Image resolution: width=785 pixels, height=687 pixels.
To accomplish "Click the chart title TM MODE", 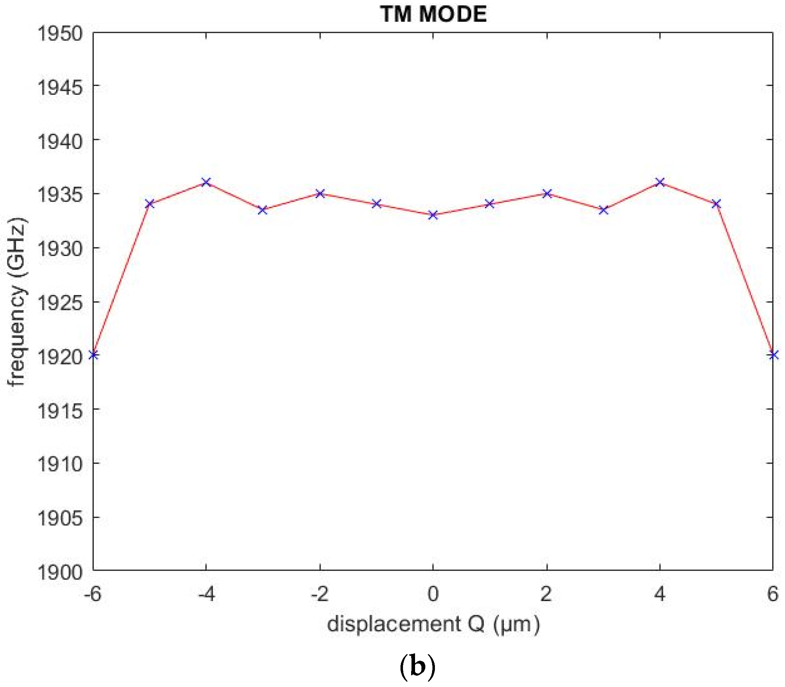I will (x=433, y=14).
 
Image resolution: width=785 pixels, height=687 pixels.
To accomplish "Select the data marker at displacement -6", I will (x=93, y=355).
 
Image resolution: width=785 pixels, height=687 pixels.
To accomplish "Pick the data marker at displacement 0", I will (x=433, y=215).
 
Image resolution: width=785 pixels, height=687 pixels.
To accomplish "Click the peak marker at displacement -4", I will (x=206, y=182).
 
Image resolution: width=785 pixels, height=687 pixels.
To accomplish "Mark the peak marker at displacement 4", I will (x=660, y=182).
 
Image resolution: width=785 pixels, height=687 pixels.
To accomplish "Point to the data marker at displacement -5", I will (x=150, y=204).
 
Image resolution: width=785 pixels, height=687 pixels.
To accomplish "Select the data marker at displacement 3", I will (x=603, y=210).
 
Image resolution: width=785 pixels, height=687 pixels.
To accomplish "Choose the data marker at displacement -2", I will (x=320, y=193).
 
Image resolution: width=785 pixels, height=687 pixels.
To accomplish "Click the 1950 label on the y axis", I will (x=60, y=34).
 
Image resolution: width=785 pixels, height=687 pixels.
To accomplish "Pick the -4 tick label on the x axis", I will (x=206, y=595).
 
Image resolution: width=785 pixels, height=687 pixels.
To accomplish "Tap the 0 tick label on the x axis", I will (x=433, y=595).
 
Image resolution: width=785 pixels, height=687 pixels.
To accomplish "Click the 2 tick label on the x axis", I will (x=546, y=595).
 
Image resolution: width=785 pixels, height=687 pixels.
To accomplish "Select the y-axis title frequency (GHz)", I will (x=17, y=301).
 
